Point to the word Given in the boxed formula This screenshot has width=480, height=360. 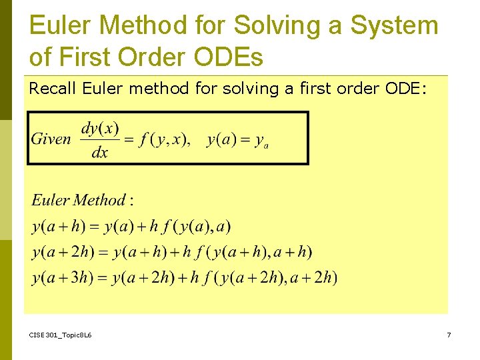pyautogui.click(x=51, y=139)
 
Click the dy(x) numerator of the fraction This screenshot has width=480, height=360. pyautogui.click(x=99, y=127)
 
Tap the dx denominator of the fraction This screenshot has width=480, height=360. pyautogui.click(x=99, y=153)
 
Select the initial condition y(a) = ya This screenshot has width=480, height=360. pyautogui.click(x=237, y=140)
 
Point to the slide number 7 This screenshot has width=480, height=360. pyautogui.click(x=449, y=335)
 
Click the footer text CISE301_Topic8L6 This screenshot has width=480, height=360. pyautogui.click(x=61, y=335)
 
